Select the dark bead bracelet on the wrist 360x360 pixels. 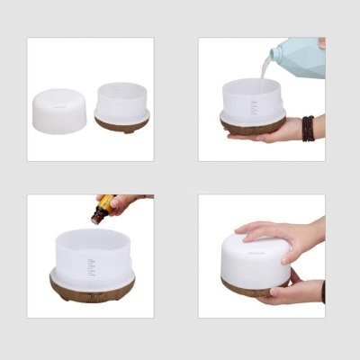[x=308, y=127]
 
